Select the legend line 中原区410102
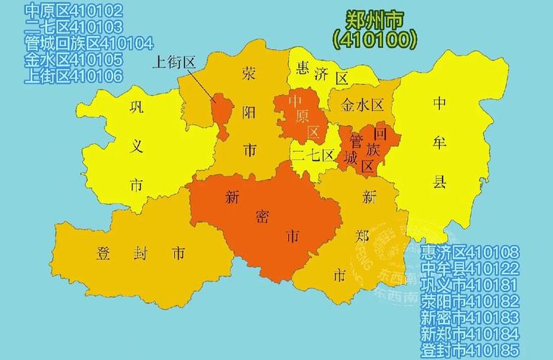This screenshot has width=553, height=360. coord(73,12)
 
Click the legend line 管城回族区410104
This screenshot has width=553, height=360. coord(89,43)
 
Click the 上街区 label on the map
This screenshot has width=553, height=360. coord(174,63)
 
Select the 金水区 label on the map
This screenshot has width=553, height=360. coord(362,104)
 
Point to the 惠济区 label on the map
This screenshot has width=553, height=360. coord(321,71)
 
